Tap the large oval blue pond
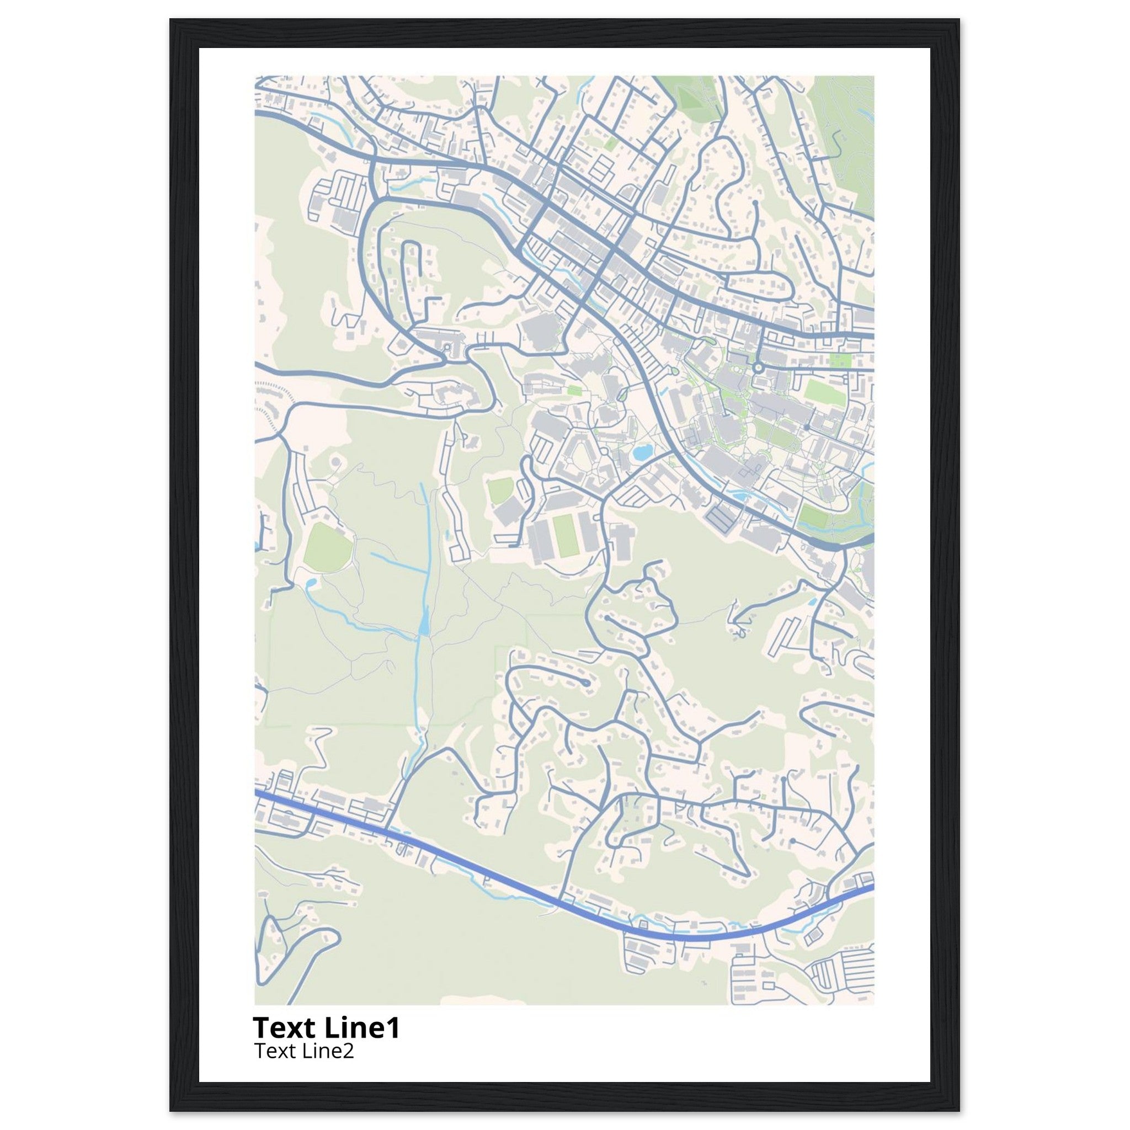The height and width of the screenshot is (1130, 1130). (642, 451)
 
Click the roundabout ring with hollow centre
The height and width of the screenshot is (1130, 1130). (758, 367)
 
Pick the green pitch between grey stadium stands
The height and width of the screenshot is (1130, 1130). (565, 537)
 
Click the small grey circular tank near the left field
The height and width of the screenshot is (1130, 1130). (335, 462)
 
